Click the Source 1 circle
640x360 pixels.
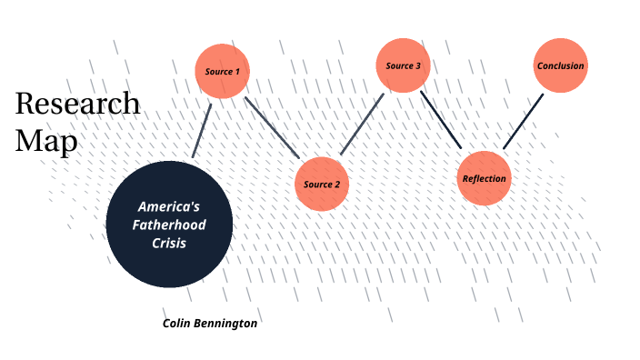(223, 70)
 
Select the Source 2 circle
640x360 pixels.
(323, 184)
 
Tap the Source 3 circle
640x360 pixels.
(403, 65)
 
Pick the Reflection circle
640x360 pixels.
(484, 178)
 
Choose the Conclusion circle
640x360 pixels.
(560, 65)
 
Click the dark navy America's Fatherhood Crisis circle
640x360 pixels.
(169, 224)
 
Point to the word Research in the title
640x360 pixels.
(77, 104)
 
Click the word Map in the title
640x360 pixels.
(46, 142)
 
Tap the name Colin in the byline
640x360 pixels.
(179, 323)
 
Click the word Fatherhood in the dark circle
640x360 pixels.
(169, 225)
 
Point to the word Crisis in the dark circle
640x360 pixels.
(169, 243)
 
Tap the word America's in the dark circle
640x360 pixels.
(169, 206)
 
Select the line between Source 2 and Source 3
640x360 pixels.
(363, 122)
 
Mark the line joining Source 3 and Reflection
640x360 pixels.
(441, 120)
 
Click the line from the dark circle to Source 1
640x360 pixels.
(202, 129)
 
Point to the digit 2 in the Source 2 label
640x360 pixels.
(337, 185)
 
